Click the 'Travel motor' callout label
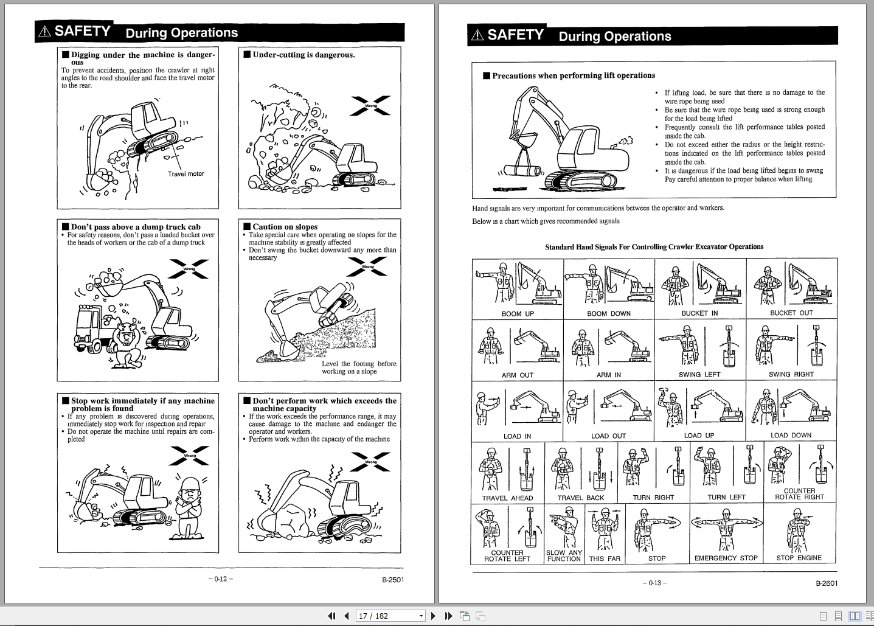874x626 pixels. [x=186, y=174]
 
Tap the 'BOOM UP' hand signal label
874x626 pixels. [x=518, y=314]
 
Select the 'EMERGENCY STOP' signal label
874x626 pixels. [x=726, y=558]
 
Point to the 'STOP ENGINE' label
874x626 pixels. [x=799, y=558]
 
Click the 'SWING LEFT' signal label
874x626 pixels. [x=699, y=375]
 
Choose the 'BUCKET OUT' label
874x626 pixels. [x=791, y=313]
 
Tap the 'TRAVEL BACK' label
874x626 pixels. [x=581, y=498]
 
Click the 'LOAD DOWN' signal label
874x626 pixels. [x=791, y=436]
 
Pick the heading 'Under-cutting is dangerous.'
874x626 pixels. [x=303, y=55]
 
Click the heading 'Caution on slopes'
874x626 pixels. [x=285, y=227]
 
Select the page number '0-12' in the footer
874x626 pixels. [x=220, y=579]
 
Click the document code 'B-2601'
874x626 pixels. [x=827, y=583]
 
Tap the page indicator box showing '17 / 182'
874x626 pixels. [x=389, y=616]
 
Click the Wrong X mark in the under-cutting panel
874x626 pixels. [x=370, y=106]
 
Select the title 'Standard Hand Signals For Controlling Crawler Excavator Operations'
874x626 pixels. [x=654, y=247]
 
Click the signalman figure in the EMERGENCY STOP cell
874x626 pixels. [x=726, y=529]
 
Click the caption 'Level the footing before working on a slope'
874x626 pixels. [x=358, y=367]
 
